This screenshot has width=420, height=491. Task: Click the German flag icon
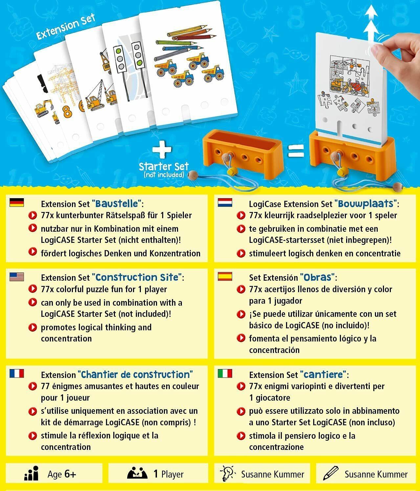(x=16, y=203)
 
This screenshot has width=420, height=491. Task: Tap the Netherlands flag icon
(x=225, y=203)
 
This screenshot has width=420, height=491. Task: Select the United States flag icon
(x=16, y=277)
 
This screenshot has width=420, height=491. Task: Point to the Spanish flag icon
(x=225, y=276)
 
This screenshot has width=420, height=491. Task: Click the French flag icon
(x=16, y=373)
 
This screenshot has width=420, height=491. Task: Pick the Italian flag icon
(x=225, y=373)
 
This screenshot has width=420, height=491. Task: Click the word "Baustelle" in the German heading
(x=117, y=204)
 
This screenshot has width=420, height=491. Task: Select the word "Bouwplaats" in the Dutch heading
(x=365, y=204)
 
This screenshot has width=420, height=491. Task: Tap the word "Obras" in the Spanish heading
(x=317, y=277)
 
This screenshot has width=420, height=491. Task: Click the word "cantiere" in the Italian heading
(x=323, y=374)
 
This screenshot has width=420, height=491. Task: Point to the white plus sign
(x=162, y=151)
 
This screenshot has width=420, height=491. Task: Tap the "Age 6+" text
(x=62, y=474)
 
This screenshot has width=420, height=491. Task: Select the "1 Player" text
(x=168, y=474)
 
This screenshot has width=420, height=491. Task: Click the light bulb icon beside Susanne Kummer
(x=228, y=474)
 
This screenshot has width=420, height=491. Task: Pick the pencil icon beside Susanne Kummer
(x=331, y=474)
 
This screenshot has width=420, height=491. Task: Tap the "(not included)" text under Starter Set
(x=164, y=175)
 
